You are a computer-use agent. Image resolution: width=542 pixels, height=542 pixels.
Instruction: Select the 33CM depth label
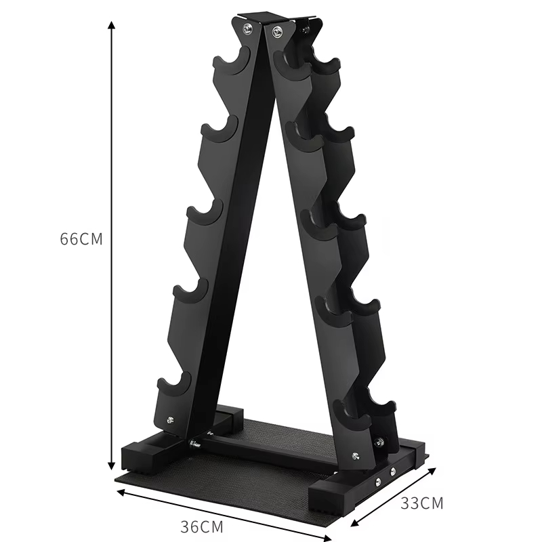click(421, 503)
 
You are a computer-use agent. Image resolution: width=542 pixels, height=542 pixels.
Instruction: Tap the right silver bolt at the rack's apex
click(276, 30)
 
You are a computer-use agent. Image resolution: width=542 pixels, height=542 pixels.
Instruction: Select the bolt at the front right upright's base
click(354, 456)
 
